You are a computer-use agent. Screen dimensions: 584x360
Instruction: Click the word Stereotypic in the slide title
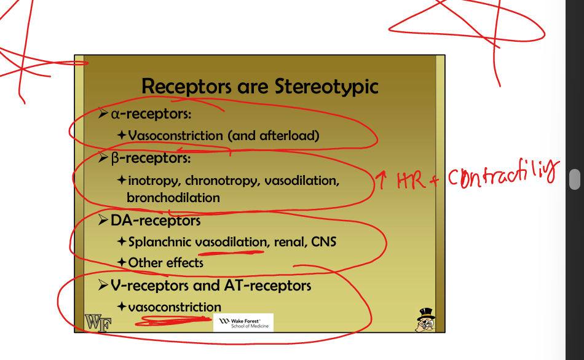pos(326,87)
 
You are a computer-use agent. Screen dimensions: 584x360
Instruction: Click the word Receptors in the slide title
pos(186,87)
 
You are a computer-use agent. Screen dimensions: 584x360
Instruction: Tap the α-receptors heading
pos(151,114)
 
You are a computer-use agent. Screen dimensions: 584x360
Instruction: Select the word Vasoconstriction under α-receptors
pos(175,136)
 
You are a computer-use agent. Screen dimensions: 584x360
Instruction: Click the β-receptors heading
pos(151,158)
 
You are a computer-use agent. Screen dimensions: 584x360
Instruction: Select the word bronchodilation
pos(173,198)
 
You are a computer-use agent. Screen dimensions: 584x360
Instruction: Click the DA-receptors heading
pos(156,221)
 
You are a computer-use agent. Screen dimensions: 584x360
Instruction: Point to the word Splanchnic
pos(160,242)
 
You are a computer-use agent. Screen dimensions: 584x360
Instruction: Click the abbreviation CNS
pos(323,242)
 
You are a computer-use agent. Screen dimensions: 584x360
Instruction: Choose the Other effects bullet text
pos(166,263)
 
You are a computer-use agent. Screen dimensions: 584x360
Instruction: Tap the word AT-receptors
pos(267,286)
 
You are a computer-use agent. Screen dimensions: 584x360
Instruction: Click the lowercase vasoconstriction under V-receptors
pos(175,307)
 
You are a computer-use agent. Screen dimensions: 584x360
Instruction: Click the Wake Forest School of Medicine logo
pos(243,323)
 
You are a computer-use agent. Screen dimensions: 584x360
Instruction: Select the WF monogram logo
pos(98,323)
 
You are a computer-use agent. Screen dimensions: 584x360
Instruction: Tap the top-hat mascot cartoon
pos(425,319)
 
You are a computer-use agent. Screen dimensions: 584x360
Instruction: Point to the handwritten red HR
pos(411,181)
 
